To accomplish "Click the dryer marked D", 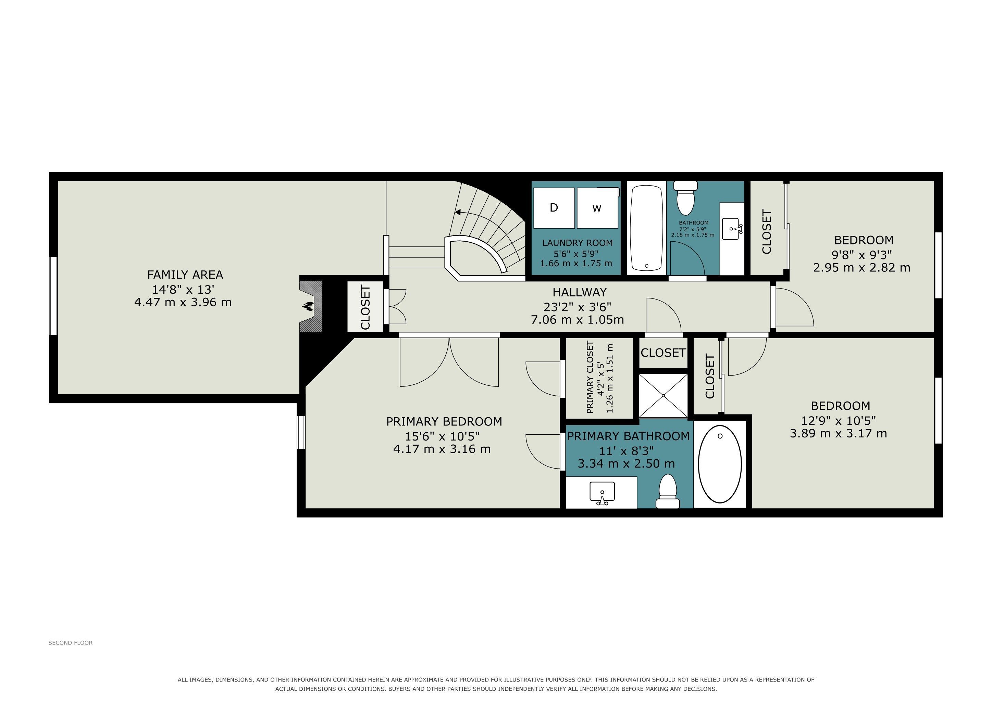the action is click(554, 208).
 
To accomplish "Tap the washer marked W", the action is click(597, 208).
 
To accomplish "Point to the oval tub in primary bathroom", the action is click(720, 464).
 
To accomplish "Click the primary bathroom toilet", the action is click(668, 491).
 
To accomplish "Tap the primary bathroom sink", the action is click(602, 493).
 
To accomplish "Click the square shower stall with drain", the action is click(663, 396).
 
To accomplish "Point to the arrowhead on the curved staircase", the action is click(458, 212).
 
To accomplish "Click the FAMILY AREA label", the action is click(185, 275).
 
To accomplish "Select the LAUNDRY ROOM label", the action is click(578, 243).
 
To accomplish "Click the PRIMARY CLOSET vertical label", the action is click(590, 377).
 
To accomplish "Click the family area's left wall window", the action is click(53, 296).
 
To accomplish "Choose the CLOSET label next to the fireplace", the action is click(365, 307).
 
